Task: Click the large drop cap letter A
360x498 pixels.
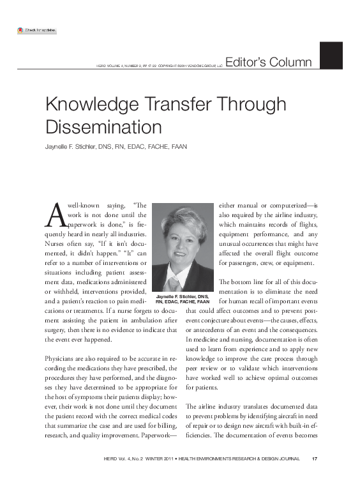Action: click(x=54, y=214)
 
